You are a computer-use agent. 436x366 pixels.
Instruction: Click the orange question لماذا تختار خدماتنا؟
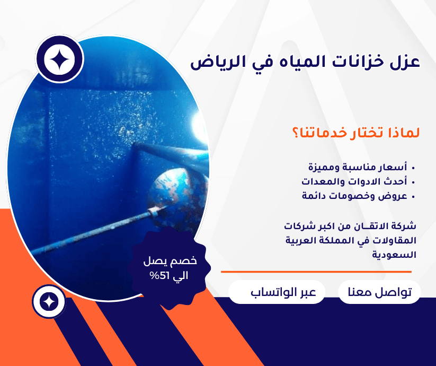coord(356,133)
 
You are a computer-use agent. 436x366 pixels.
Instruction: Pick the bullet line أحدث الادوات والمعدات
coord(354,181)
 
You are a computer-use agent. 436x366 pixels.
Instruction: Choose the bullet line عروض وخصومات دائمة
coord(355,196)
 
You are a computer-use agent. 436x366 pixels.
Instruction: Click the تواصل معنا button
coord(379,292)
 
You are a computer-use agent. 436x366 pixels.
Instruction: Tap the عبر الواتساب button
coord(277,292)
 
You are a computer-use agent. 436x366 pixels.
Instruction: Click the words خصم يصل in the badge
coord(170,261)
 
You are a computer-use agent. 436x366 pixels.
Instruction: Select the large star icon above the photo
coord(59,59)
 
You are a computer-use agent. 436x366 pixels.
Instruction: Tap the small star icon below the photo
coord(49,302)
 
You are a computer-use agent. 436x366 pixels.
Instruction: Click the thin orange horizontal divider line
coord(316,272)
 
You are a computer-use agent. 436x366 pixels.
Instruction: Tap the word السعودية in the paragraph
coord(394,255)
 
